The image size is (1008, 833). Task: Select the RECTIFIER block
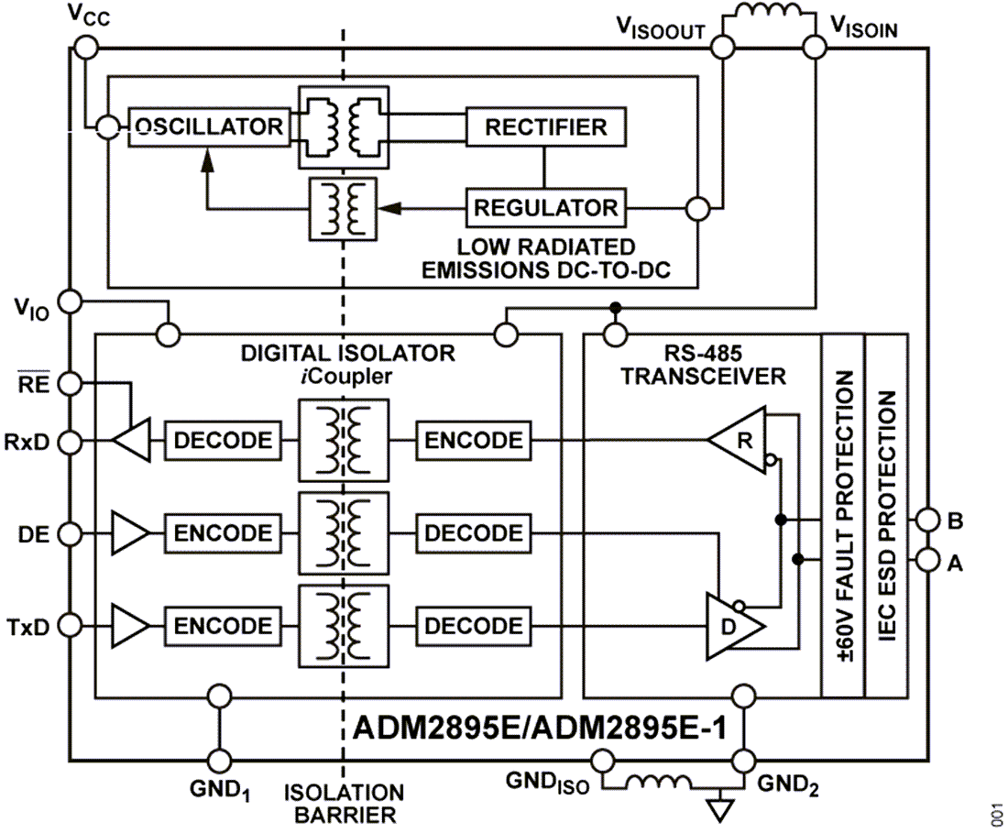tap(546, 126)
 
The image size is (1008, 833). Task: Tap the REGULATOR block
tap(545, 208)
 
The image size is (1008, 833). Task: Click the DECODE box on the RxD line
tap(223, 440)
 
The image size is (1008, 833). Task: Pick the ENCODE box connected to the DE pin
tap(223, 532)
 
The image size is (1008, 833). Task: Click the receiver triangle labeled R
tap(742, 440)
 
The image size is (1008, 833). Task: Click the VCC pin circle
tap(83, 46)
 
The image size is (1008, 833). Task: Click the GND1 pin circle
tap(220, 759)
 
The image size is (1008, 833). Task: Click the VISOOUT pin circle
tap(724, 46)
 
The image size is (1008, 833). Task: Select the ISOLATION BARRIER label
tap(344, 803)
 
